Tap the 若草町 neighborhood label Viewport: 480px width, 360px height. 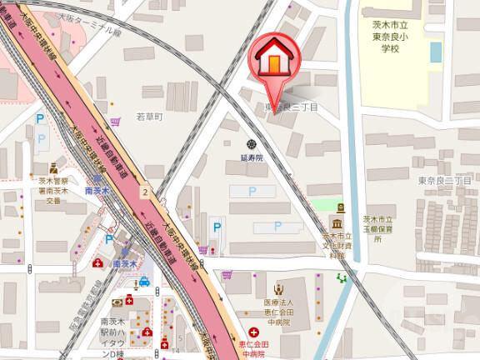(x=152, y=117)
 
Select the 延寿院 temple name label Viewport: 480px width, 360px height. (x=252, y=157)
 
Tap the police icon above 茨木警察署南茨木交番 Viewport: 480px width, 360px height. (x=54, y=168)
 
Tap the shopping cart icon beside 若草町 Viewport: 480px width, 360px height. (x=117, y=121)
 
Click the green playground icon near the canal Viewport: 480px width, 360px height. (x=342, y=278)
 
